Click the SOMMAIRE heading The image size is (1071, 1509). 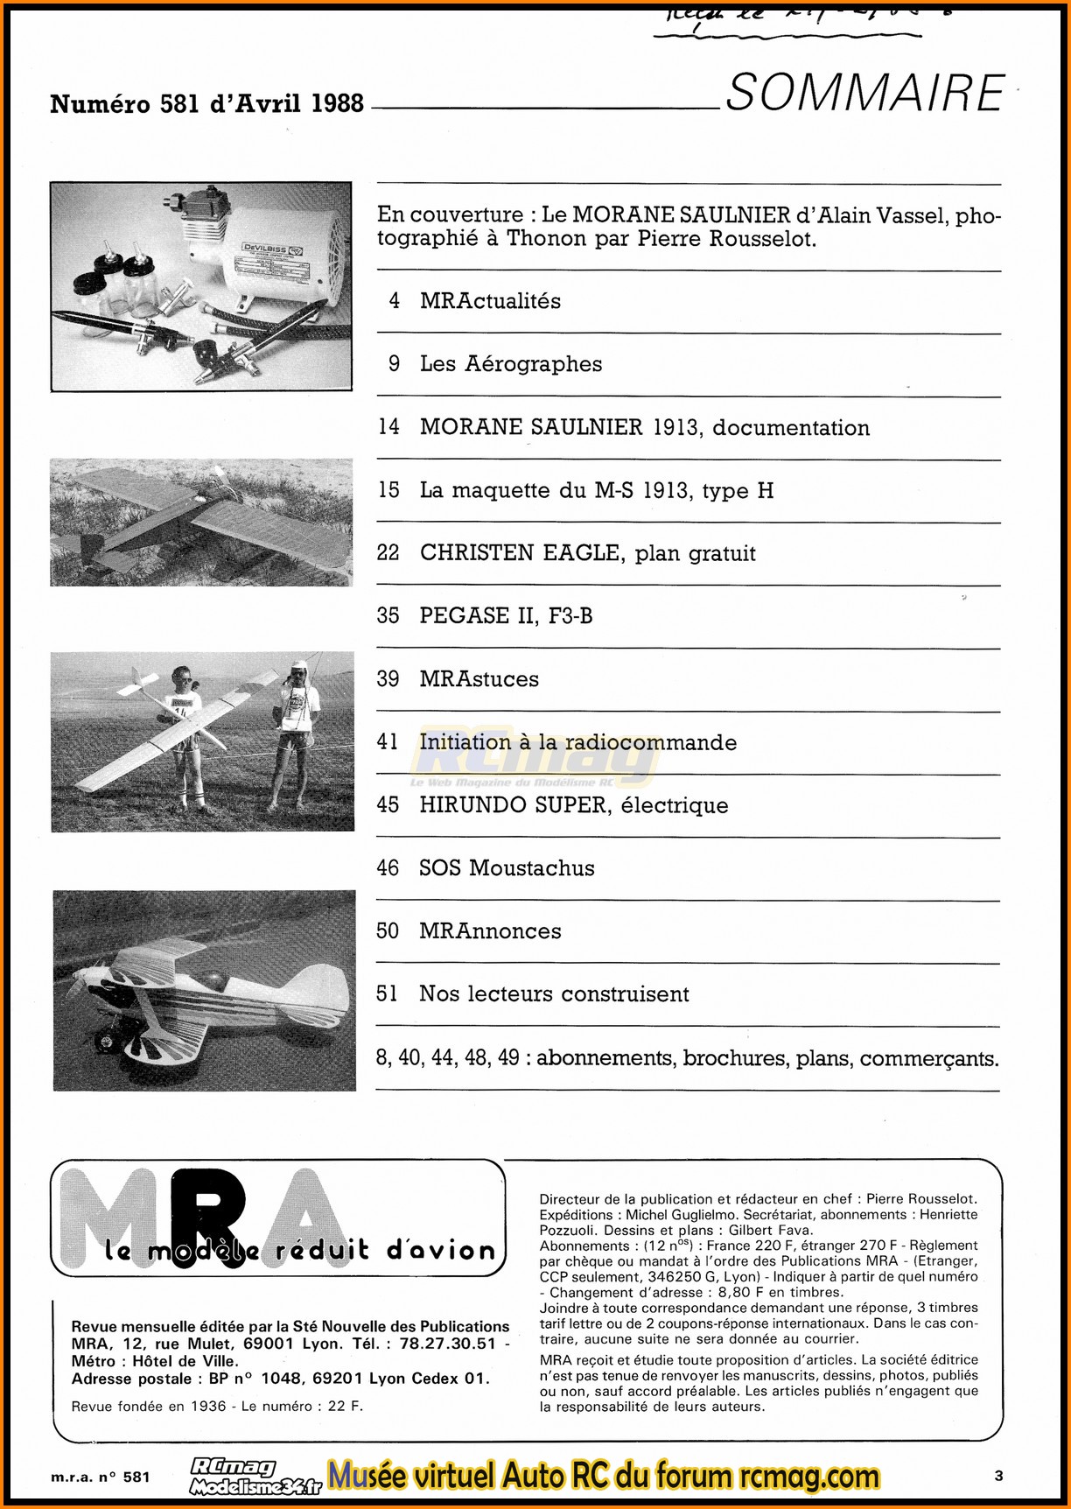864,93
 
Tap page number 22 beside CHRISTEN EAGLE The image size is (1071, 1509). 388,553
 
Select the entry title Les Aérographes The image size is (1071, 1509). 511,364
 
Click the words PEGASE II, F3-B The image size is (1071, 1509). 506,616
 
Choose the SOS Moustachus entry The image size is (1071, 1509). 507,868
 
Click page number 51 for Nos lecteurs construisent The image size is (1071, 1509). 387,994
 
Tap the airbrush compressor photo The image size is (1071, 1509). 201,286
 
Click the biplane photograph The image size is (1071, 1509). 205,991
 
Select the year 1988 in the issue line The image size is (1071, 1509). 337,103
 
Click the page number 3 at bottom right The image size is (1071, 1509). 998,1476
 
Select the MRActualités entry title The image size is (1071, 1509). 490,301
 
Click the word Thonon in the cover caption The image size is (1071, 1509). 547,239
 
